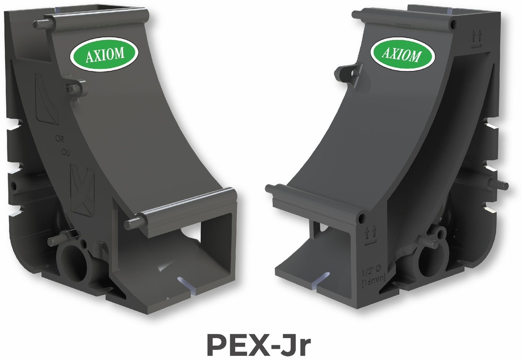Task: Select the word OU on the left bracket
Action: pos(65,151)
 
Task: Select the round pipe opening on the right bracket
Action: pos(429,260)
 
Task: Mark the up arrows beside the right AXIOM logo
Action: pos(477,36)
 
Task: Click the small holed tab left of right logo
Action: pos(349,73)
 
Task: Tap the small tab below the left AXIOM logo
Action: pos(75,89)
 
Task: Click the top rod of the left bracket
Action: pos(92,20)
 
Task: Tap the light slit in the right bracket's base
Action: pos(321,278)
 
